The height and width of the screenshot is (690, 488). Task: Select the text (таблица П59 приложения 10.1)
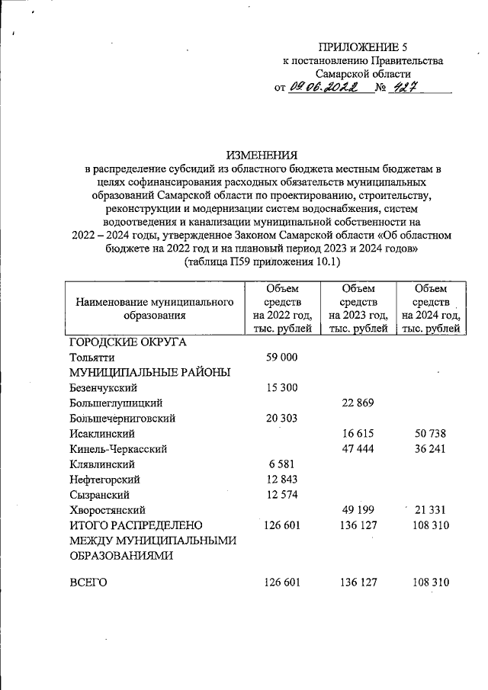coord(263,262)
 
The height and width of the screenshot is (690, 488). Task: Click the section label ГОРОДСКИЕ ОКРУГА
coord(127,342)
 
